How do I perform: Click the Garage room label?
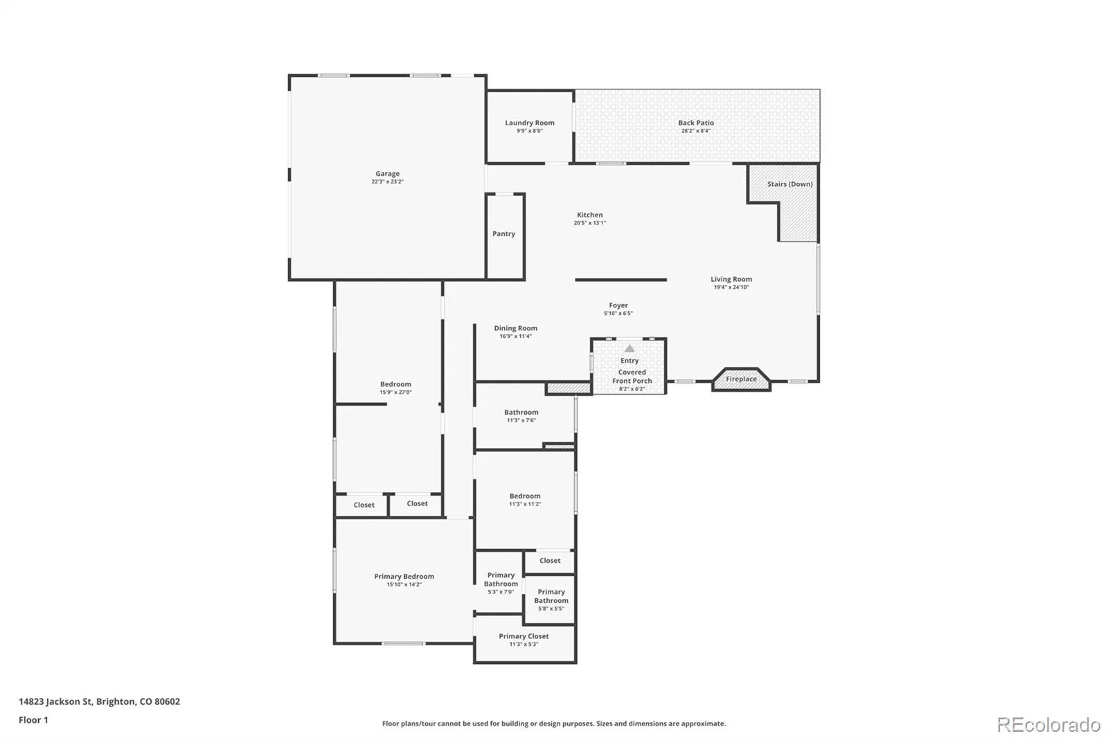click(x=387, y=174)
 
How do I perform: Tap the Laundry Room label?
click(x=529, y=123)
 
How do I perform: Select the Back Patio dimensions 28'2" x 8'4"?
click(x=695, y=131)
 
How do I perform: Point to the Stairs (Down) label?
click(x=790, y=184)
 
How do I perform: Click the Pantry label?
click(x=503, y=233)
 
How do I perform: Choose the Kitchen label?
click(x=589, y=215)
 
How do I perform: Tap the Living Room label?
click(x=731, y=279)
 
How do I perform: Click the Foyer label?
click(x=618, y=305)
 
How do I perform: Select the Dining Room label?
click(x=515, y=328)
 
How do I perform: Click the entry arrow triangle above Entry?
click(x=629, y=348)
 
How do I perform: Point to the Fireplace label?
click(x=741, y=379)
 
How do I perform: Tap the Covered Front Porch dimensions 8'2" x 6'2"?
click(x=632, y=389)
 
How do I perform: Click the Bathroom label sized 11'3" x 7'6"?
click(x=521, y=412)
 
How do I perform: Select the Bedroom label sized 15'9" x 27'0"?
click(x=395, y=384)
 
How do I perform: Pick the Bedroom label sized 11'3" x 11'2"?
click(x=525, y=496)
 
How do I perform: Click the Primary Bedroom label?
click(x=404, y=576)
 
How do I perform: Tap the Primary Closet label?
click(x=524, y=636)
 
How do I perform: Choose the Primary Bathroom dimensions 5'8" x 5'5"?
click(x=551, y=609)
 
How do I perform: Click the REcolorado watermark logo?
click(x=1048, y=725)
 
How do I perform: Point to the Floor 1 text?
click(x=33, y=720)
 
